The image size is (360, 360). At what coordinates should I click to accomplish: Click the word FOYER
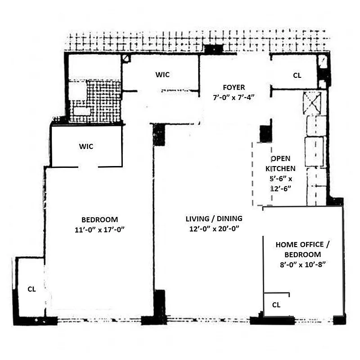[x=234, y=87]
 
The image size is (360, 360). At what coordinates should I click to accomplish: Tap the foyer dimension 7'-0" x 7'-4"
[x=234, y=97]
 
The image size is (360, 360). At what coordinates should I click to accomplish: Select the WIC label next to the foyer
[x=163, y=75]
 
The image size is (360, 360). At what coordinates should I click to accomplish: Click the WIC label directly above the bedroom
[x=86, y=146]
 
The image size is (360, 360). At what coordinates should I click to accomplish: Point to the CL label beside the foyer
[x=297, y=76]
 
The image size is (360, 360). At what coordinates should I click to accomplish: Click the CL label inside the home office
[x=276, y=305]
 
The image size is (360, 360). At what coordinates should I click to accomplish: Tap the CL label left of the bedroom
[x=31, y=289]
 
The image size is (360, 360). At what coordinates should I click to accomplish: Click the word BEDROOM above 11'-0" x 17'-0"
[x=99, y=220]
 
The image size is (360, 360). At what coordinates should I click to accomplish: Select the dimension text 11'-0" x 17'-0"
[x=99, y=229]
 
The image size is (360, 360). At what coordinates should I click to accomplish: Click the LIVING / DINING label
[x=214, y=219]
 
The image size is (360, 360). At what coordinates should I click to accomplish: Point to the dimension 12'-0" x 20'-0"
[x=214, y=228]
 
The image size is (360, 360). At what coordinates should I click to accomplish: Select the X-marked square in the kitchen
[x=312, y=103]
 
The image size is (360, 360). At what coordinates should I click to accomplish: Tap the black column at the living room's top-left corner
[x=159, y=135]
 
